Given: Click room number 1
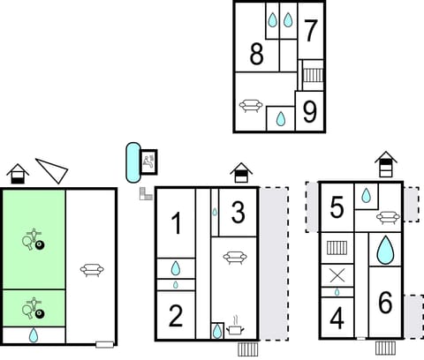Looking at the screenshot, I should [x=177, y=225].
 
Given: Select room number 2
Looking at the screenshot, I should [x=176, y=315].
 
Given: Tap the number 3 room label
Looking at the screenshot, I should [x=238, y=213].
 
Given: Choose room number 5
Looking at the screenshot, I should [x=336, y=207].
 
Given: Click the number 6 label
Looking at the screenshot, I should [x=385, y=303].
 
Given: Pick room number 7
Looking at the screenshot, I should [x=310, y=31].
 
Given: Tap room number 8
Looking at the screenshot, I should [x=256, y=55].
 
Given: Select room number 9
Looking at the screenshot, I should [x=309, y=111].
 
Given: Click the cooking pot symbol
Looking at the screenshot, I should [x=237, y=328].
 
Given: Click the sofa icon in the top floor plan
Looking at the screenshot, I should [x=250, y=105].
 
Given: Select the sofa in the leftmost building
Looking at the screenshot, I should [x=91, y=270].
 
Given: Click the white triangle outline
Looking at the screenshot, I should [x=52, y=169].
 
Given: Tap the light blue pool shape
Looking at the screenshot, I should [x=132, y=161].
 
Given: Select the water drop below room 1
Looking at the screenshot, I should [x=176, y=267].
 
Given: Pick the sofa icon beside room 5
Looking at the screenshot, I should [x=387, y=216].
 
